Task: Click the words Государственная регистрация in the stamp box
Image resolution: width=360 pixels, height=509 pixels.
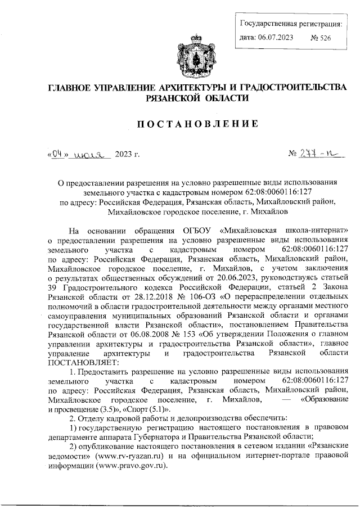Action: point(290,24)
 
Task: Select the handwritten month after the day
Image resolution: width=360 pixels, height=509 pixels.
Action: point(89,154)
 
